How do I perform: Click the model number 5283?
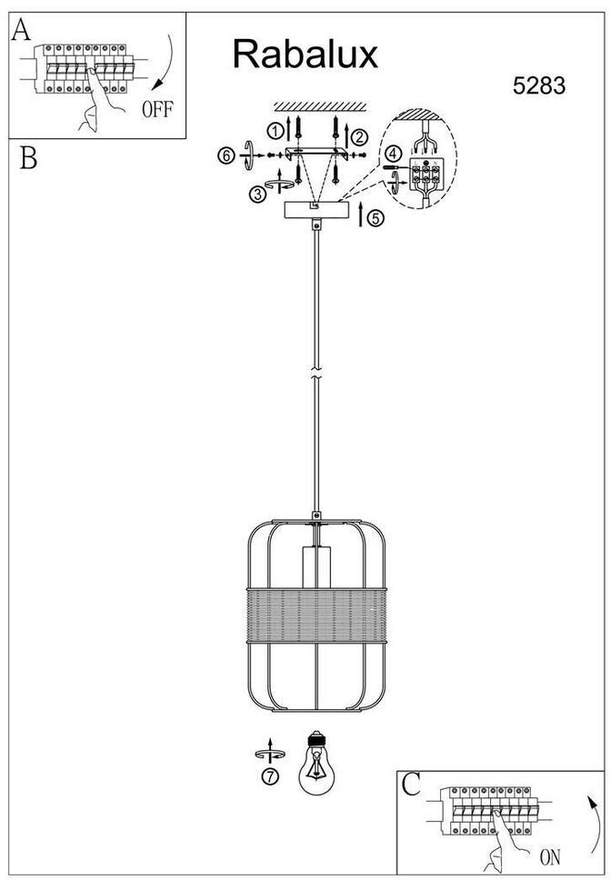[x=539, y=86]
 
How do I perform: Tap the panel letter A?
[x=20, y=31]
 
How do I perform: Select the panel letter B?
[x=27, y=158]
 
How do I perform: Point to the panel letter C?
[x=412, y=785]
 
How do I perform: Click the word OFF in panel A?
[x=156, y=111]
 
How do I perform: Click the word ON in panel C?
[x=549, y=856]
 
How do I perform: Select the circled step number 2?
[x=359, y=137]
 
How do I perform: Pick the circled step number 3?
[x=258, y=194]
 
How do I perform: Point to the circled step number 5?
[x=376, y=218]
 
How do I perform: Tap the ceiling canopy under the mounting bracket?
[x=316, y=210]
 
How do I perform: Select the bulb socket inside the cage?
[x=316, y=569]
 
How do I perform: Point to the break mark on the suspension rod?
[x=316, y=374]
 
